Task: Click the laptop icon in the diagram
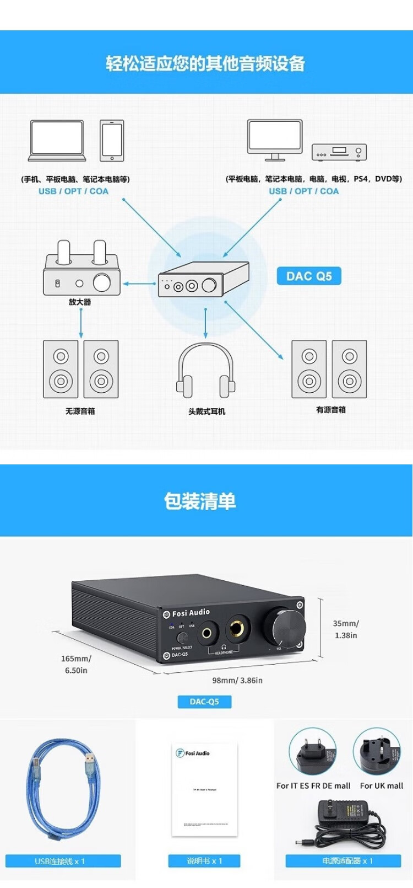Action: click(57, 141)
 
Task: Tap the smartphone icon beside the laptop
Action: click(112, 141)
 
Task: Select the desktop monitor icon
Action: click(274, 140)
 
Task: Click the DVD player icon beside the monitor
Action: click(339, 152)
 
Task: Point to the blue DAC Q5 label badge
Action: click(309, 276)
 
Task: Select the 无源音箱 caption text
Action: click(80, 411)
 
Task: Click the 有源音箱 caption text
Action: click(331, 410)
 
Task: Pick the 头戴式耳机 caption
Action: click(206, 411)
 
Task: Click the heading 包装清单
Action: click(200, 501)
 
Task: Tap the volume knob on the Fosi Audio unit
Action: click(284, 627)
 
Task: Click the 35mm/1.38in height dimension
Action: click(346, 629)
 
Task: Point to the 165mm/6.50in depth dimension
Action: click(76, 664)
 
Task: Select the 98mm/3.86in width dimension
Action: click(237, 680)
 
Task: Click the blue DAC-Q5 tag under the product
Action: click(204, 702)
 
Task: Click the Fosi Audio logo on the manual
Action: click(192, 753)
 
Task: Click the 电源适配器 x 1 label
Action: click(343, 860)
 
